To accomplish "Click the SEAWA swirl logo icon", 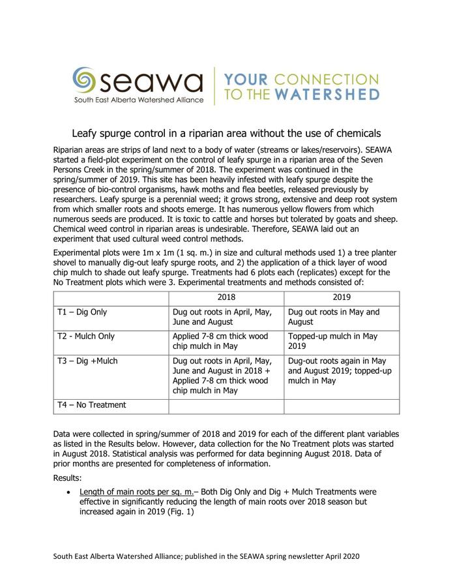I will tap(85, 80).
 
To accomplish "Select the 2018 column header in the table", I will tap(226, 297).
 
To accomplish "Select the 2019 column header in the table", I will tap(342, 297).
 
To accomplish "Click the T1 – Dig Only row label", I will tap(82, 312).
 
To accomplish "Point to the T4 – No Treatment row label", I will tap(91, 405).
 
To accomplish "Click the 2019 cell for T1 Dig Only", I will tap(334, 317).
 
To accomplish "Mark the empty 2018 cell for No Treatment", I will tap(226, 406).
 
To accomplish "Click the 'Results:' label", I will tap(67, 478).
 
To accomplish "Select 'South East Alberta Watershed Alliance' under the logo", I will tap(138, 100).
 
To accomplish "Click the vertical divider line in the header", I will tap(215, 85).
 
